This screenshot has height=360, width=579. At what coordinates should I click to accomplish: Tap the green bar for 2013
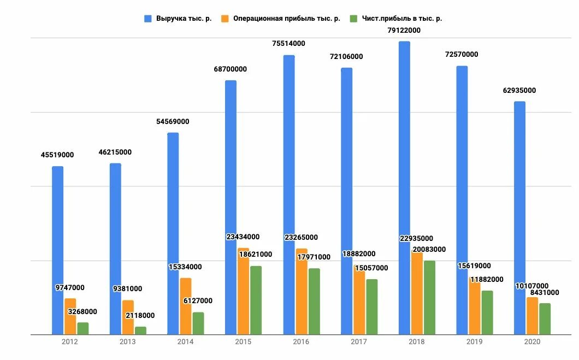[x=140, y=331]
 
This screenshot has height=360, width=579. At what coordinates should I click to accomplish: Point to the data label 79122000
[x=404, y=31]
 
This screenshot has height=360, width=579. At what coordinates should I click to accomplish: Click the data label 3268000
[x=82, y=312]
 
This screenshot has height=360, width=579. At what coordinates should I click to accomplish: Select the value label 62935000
[x=519, y=91]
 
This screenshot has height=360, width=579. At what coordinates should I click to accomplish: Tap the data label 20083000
[x=429, y=250]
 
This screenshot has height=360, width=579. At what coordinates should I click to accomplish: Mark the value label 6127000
[x=198, y=301]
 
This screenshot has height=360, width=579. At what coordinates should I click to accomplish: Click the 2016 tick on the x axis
[x=301, y=342]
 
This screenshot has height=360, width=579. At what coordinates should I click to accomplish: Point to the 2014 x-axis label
[x=185, y=342]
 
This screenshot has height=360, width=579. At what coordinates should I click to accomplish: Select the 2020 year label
[x=532, y=342]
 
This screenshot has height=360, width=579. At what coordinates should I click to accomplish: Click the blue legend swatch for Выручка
[x=148, y=19]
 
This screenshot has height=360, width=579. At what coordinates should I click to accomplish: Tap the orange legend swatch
[x=224, y=19]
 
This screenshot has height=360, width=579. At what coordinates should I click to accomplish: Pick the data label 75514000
[x=289, y=44]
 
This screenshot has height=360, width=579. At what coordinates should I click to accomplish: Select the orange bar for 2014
[x=186, y=306]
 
